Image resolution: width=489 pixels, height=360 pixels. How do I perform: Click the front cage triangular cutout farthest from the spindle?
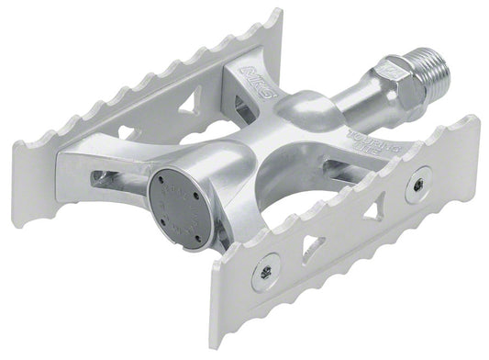tap(313, 247)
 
